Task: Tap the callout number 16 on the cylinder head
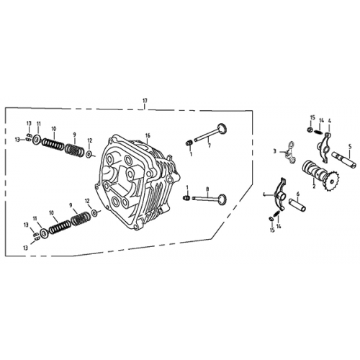pos(148,135)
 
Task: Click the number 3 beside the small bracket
pos(274,151)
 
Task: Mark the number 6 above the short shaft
pos(297,194)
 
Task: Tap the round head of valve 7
pos(222,130)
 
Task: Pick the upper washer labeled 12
pos(89,153)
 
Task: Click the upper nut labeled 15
pos(308,130)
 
